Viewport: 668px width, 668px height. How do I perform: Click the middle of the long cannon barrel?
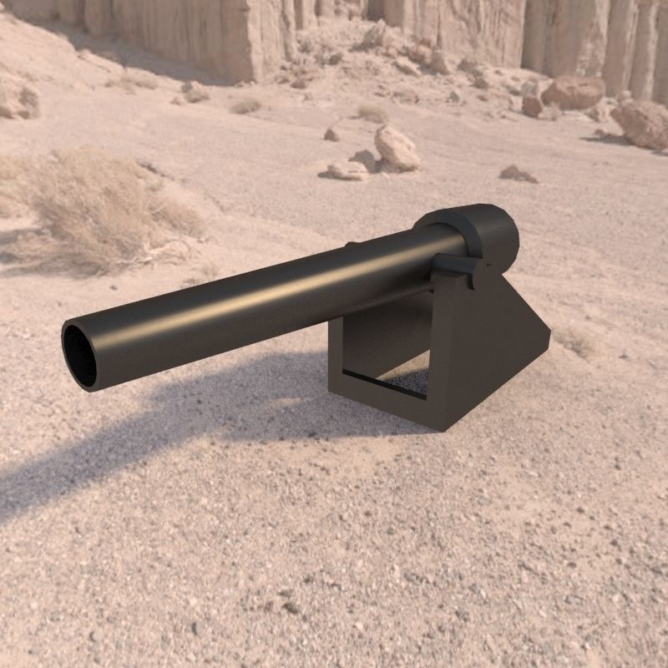(267, 301)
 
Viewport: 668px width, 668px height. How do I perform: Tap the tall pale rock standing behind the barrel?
(397, 148)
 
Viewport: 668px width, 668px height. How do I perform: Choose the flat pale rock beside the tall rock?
(347, 171)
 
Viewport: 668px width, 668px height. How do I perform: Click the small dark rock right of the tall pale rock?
(517, 174)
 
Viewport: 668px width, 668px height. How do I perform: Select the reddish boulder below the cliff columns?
(573, 92)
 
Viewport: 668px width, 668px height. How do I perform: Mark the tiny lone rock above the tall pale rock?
(331, 134)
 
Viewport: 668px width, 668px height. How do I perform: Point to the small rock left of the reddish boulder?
(532, 105)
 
